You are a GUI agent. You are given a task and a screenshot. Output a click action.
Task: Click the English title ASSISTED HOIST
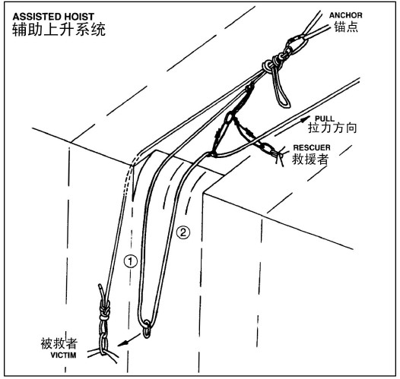coord(53,17)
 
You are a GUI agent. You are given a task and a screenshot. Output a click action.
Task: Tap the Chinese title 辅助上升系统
coord(59,30)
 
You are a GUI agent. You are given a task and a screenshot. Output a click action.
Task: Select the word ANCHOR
coord(346,15)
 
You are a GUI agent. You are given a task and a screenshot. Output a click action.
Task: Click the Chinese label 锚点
coord(346,27)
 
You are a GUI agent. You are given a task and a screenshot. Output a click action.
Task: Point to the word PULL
coord(325,118)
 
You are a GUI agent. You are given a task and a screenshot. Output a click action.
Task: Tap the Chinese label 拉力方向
coord(332,128)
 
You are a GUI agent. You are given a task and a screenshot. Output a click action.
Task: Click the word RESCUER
coord(312,147)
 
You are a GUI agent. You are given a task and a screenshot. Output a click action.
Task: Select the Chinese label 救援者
coord(310,159)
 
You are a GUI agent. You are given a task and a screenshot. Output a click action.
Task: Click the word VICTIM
coord(63,355)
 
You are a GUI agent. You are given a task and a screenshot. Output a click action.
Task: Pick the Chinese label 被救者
coord(59,343)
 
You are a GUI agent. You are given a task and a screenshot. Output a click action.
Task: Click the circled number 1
coord(130,261)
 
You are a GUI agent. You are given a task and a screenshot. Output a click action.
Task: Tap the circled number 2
coord(183,232)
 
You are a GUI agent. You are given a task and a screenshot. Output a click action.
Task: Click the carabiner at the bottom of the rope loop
coord(147,330)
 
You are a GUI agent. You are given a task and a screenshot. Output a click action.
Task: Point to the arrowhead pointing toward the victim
coord(122,344)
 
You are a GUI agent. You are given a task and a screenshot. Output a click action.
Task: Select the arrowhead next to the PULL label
coord(306,118)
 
